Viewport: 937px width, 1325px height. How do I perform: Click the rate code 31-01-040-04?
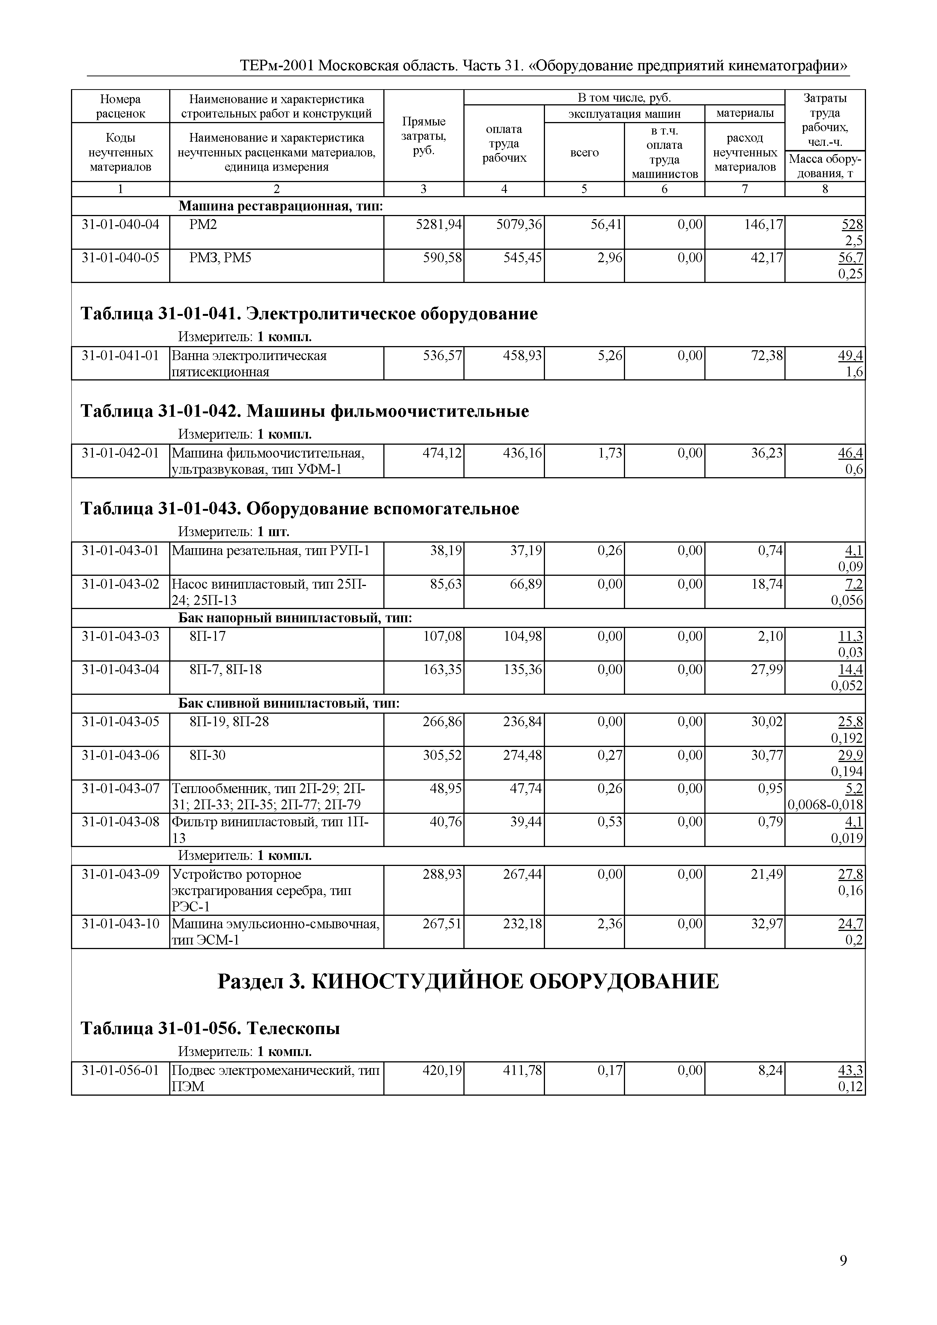click(x=120, y=224)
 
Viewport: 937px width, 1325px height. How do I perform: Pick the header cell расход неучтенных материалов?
click(x=744, y=152)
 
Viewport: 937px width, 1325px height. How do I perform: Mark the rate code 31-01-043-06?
click(x=120, y=755)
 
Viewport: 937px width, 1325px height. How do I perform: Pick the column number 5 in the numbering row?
click(x=584, y=189)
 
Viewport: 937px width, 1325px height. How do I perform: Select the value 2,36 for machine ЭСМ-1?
click(x=610, y=924)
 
